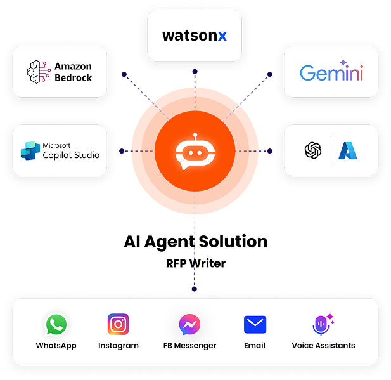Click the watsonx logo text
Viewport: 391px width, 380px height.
(x=194, y=36)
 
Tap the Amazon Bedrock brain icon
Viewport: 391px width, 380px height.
(x=39, y=72)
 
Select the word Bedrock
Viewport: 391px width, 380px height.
(x=73, y=78)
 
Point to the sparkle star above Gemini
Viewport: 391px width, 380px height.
(x=343, y=62)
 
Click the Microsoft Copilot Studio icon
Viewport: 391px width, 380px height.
(x=29, y=150)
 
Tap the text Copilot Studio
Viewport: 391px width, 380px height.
(x=71, y=154)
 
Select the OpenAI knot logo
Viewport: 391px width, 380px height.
(x=313, y=150)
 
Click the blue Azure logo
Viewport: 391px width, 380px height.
(x=347, y=150)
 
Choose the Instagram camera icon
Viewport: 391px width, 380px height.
(x=118, y=325)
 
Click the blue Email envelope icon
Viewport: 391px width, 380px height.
(x=255, y=325)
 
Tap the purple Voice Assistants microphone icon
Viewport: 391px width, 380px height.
(x=322, y=325)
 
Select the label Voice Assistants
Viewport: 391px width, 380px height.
(x=323, y=346)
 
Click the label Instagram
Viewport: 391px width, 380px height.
(x=118, y=346)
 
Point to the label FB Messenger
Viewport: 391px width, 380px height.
(x=189, y=346)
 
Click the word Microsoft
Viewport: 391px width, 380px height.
(x=56, y=145)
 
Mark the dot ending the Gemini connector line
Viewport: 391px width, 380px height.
(x=269, y=74)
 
